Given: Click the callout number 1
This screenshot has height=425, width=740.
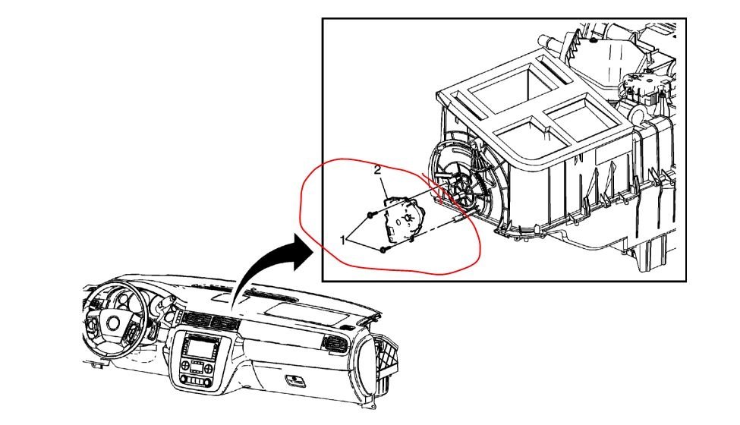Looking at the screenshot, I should pyautogui.click(x=344, y=241).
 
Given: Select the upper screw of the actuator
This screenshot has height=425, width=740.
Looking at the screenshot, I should pyautogui.click(x=368, y=216).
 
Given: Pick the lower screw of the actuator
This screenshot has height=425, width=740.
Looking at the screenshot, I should pyautogui.click(x=385, y=248).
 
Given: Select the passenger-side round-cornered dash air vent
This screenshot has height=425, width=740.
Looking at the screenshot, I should pyautogui.click(x=334, y=346).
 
